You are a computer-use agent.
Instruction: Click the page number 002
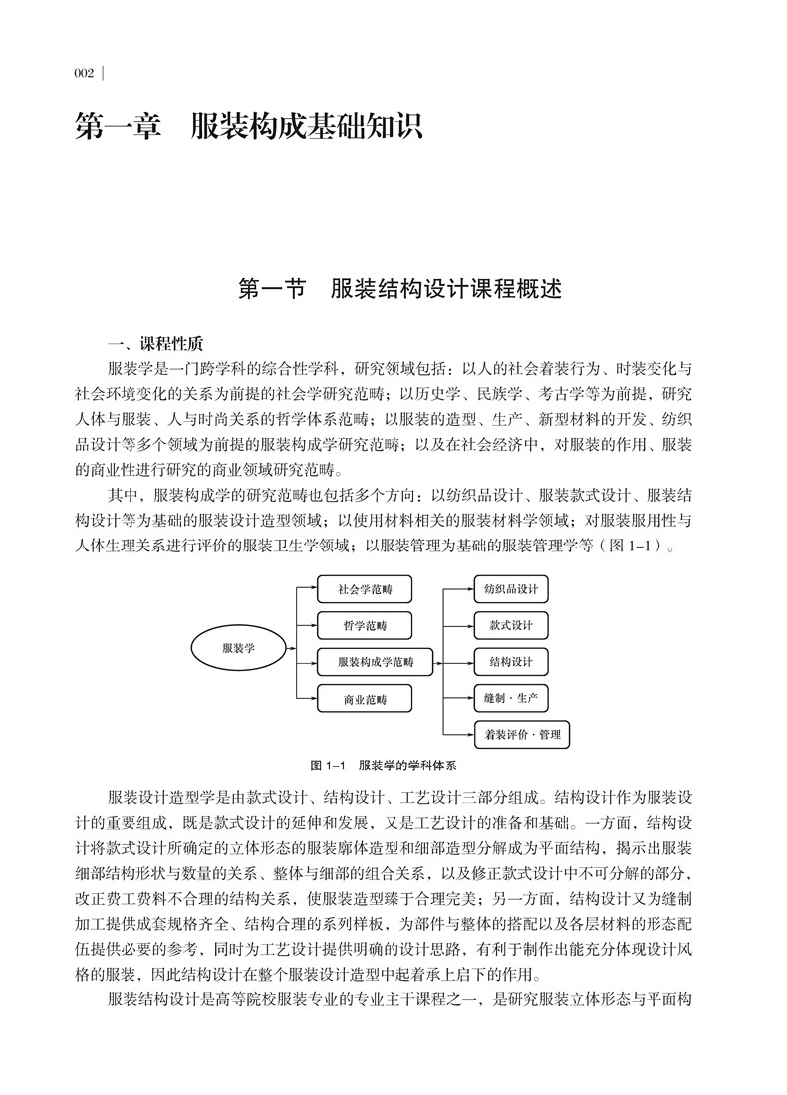(x=84, y=73)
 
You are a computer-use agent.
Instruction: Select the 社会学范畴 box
(x=366, y=590)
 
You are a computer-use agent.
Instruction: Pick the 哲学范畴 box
(x=366, y=626)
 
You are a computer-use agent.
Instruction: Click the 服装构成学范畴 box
(x=376, y=662)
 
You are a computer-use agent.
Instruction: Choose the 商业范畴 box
(x=366, y=699)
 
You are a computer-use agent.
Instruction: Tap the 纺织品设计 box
(x=511, y=589)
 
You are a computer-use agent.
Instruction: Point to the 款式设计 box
(x=511, y=626)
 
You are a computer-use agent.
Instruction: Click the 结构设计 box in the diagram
(x=511, y=662)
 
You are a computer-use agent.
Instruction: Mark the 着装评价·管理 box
(x=523, y=736)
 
